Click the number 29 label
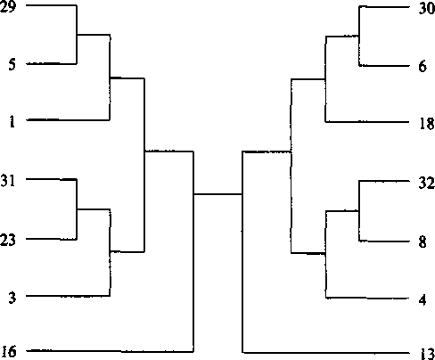click(7, 6)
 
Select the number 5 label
click(12, 64)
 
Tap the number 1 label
click(12, 121)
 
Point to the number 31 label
click(8, 180)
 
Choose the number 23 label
click(7, 240)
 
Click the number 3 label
click(12, 298)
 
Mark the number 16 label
click(8, 351)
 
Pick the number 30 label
click(427, 8)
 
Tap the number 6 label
click(423, 66)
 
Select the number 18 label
click(427, 123)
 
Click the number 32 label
click(427, 183)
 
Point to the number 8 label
click(423, 241)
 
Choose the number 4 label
click(423, 299)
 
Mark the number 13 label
click(427, 354)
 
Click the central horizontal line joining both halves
click(218, 194)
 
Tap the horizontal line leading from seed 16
click(110, 351)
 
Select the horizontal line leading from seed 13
click(326, 353)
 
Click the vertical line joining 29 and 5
click(77, 35)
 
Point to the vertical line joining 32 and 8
click(359, 211)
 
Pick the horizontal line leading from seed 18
click(367, 122)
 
